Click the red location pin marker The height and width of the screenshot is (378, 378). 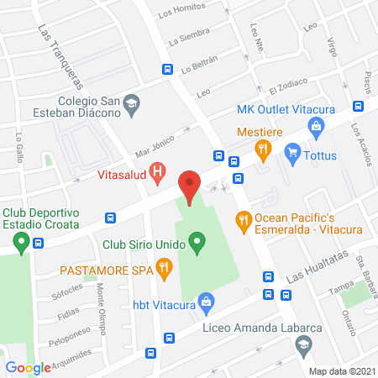click(x=190, y=186)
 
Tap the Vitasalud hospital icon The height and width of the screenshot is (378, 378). click(x=156, y=175)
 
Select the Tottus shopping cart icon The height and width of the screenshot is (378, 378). click(x=292, y=152)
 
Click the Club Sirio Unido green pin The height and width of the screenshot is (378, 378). click(x=197, y=244)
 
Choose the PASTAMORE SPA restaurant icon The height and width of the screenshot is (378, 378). click(x=165, y=270)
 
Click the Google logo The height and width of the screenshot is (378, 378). click(x=29, y=367)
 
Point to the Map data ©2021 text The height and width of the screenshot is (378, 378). click(x=341, y=370)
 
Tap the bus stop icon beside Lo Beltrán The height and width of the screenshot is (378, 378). click(x=168, y=70)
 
